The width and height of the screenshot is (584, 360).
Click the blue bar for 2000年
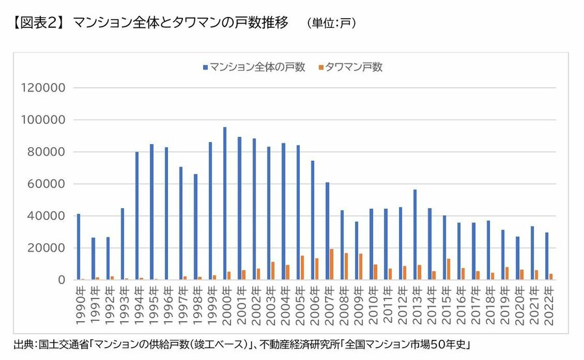point(225,204)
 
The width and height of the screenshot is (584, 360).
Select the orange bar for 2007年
point(331,265)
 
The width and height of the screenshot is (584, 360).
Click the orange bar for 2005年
point(302,268)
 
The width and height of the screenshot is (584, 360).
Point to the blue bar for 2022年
point(546,256)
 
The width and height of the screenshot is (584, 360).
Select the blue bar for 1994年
point(137,216)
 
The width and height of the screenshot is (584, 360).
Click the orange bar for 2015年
point(448,269)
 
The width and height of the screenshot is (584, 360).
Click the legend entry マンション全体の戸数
point(254,67)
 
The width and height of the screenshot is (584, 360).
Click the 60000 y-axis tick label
point(43,184)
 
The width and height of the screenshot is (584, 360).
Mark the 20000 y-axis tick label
point(43,248)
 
